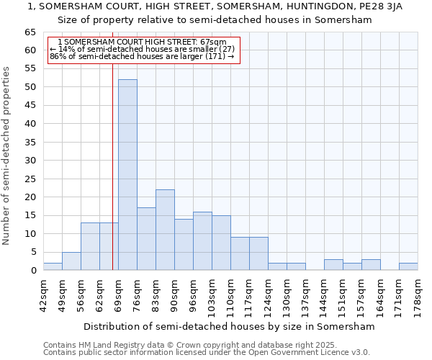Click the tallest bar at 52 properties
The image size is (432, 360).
tap(127, 175)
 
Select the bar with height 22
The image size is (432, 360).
tap(165, 230)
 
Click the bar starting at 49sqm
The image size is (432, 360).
tap(71, 261)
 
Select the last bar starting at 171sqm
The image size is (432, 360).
tap(408, 266)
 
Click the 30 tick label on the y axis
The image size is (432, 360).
tap(30, 161)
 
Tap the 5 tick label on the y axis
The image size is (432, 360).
tap(33, 252)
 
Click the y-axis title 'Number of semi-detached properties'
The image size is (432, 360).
tap(6, 156)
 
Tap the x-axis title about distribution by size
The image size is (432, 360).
tap(230, 326)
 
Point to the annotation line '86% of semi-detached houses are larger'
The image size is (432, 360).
tap(142, 56)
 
